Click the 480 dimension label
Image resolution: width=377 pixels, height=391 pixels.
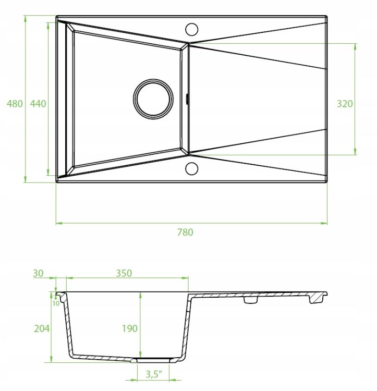pos(15,104)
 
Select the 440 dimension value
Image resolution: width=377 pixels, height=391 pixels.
pos(38,104)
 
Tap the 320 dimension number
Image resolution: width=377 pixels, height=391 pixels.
pos(345,104)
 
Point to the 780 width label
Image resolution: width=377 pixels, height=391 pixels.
pos(185,233)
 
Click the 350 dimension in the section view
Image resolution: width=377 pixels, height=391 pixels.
pos(124,273)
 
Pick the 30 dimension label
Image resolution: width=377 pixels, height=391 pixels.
pos(38,273)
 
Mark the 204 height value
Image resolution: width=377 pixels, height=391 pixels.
pos(42,328)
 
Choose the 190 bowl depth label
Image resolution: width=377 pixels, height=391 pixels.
pos(130,328)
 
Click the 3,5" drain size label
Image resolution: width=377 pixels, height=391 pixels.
pos(154,374)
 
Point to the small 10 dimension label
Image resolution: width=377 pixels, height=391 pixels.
pos(56,303)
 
